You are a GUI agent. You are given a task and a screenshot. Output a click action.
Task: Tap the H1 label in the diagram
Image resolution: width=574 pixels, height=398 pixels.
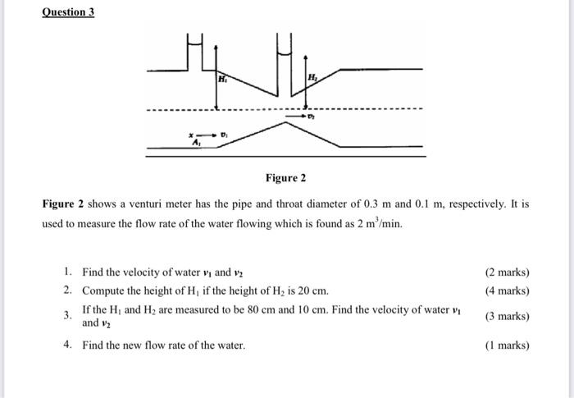222,80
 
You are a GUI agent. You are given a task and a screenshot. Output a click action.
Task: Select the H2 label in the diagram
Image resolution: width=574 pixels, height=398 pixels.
312,77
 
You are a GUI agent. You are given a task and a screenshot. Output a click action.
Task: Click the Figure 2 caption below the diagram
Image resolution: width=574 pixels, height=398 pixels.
285,178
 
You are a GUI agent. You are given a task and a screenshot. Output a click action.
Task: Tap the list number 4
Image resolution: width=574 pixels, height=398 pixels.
67,345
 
